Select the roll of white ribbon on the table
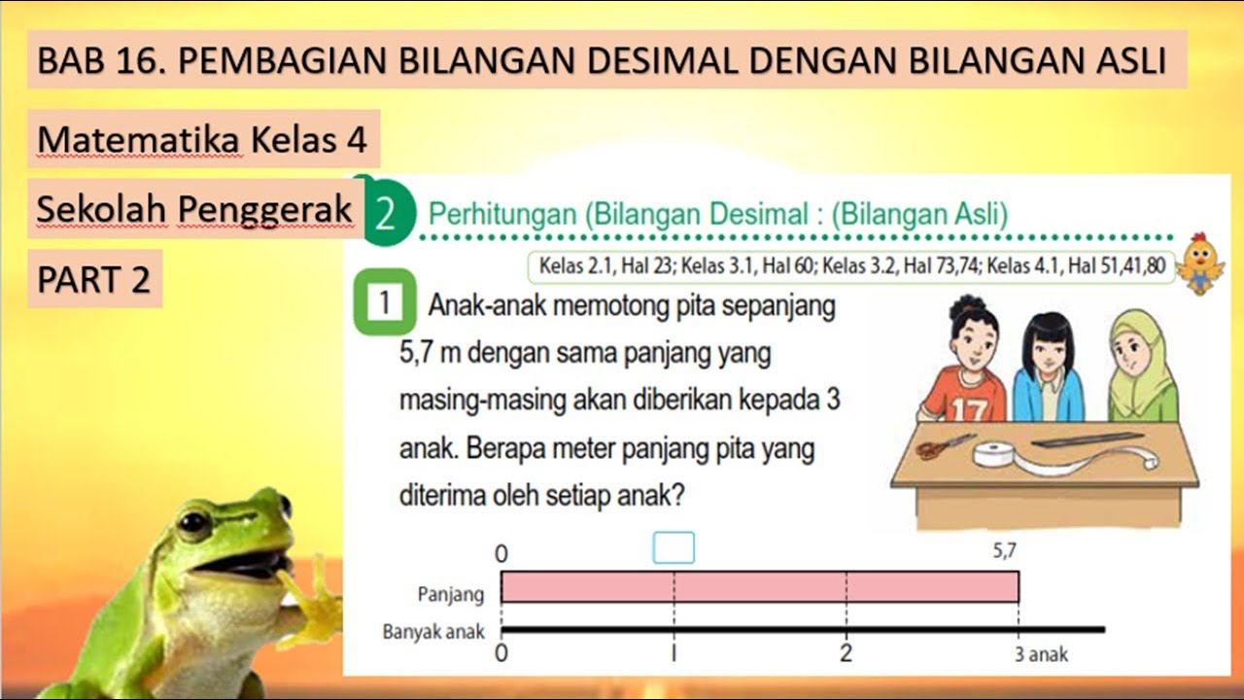pos(997,455)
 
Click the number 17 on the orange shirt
pos(968,410)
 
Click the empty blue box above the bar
pos(674,548)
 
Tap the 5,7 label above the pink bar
pos(1005,551)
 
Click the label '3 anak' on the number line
pos(1041,654)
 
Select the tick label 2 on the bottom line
pos(847,653)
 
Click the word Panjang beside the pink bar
pos(450,593)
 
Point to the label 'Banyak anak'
pos(433,633)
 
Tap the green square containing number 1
pos(384,305)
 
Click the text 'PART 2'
pos(94,279)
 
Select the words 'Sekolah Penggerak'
pos(194,209)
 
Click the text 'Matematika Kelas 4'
pos(202,140)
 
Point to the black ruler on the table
pos(1086,439)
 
